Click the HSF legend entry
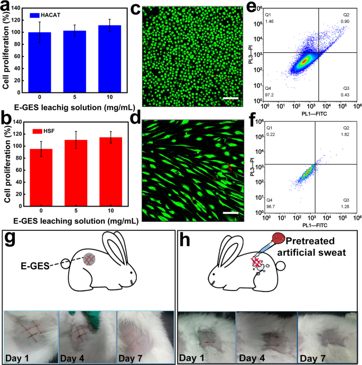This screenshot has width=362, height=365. click(40, 130)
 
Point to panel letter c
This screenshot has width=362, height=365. click(135, 9)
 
